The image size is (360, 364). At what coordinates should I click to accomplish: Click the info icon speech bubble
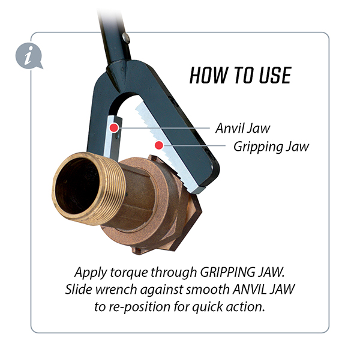pyautogui.click(x=29, y=56)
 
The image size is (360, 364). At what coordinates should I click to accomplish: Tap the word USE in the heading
pyautogui.click(x=275, y=75)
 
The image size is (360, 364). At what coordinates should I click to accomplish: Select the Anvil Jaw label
pyautogui.click(x=242, y=128)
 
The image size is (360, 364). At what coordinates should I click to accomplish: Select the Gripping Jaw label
pyautogui.click(x=271, y=147)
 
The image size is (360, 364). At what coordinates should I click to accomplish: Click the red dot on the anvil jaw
pyautogui.click(x=114, y=127)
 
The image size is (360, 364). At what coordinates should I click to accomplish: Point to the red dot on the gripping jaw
pyautogui.click(x=159, y=145)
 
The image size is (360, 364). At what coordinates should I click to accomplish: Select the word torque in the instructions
pyautogui.click(x=129, y=273)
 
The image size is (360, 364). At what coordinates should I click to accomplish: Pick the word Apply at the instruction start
pyautogui.click(x=91, y=273)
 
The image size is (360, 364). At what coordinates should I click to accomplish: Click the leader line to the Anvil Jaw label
pyautogui.click(x=164, y=128)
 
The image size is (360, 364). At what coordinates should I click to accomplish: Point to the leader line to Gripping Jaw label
pyautogui.click(x=194, y=145)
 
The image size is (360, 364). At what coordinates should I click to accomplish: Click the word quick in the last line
pyautogui.click(x=208, y=307)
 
